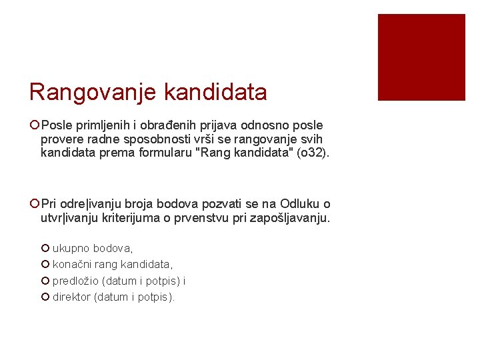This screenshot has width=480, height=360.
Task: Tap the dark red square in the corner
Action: tap(421, 57)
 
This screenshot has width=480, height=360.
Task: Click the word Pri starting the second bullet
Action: tap(49, 204)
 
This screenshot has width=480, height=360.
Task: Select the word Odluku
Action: tap(300, 204)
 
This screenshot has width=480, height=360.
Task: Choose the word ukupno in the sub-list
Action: tap(71, 248)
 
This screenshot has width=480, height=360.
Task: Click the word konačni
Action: tap(72, 265)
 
